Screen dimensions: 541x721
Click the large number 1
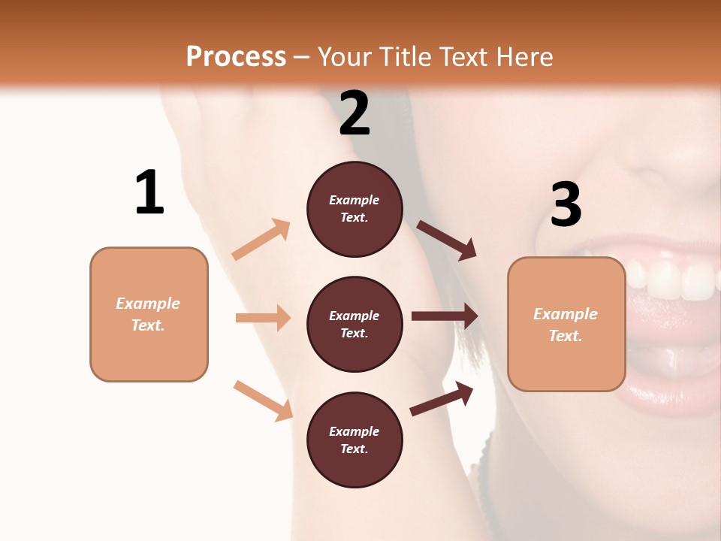(x=149, y=193)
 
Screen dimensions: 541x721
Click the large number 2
(x=354, y=113)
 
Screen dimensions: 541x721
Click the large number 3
(x=566, y=205)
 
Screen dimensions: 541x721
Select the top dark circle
(x=354, y=209)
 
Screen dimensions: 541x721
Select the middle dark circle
(x=354, y=325)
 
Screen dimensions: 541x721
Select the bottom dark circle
(x=354, y=440)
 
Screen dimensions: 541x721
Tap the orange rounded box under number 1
(x=149, y=314)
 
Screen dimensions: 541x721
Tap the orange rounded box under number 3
(x=566, y=325)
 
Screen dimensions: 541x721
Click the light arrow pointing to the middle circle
(x=263, y=318)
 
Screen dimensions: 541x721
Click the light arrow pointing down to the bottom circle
(x=263, y=400)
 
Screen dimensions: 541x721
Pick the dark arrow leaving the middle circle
(x=445, y=316)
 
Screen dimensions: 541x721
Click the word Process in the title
(x=236, y=56)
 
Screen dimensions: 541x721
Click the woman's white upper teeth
(x=676, y=282)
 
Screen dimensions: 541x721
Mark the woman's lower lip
(x=676, y=391)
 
